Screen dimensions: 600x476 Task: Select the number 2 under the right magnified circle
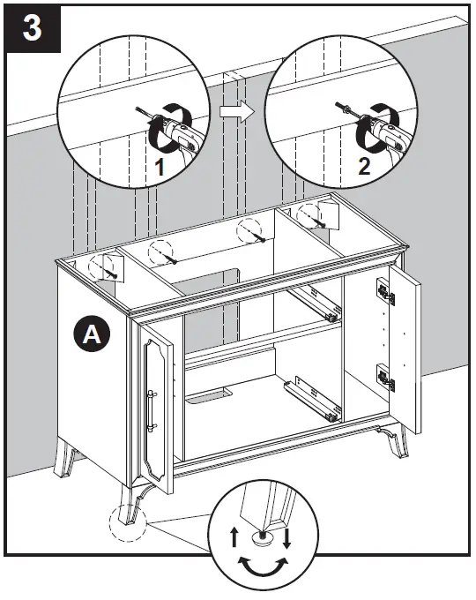click(x=362, y=167)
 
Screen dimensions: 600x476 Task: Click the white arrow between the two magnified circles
click(x=232, y=111)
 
